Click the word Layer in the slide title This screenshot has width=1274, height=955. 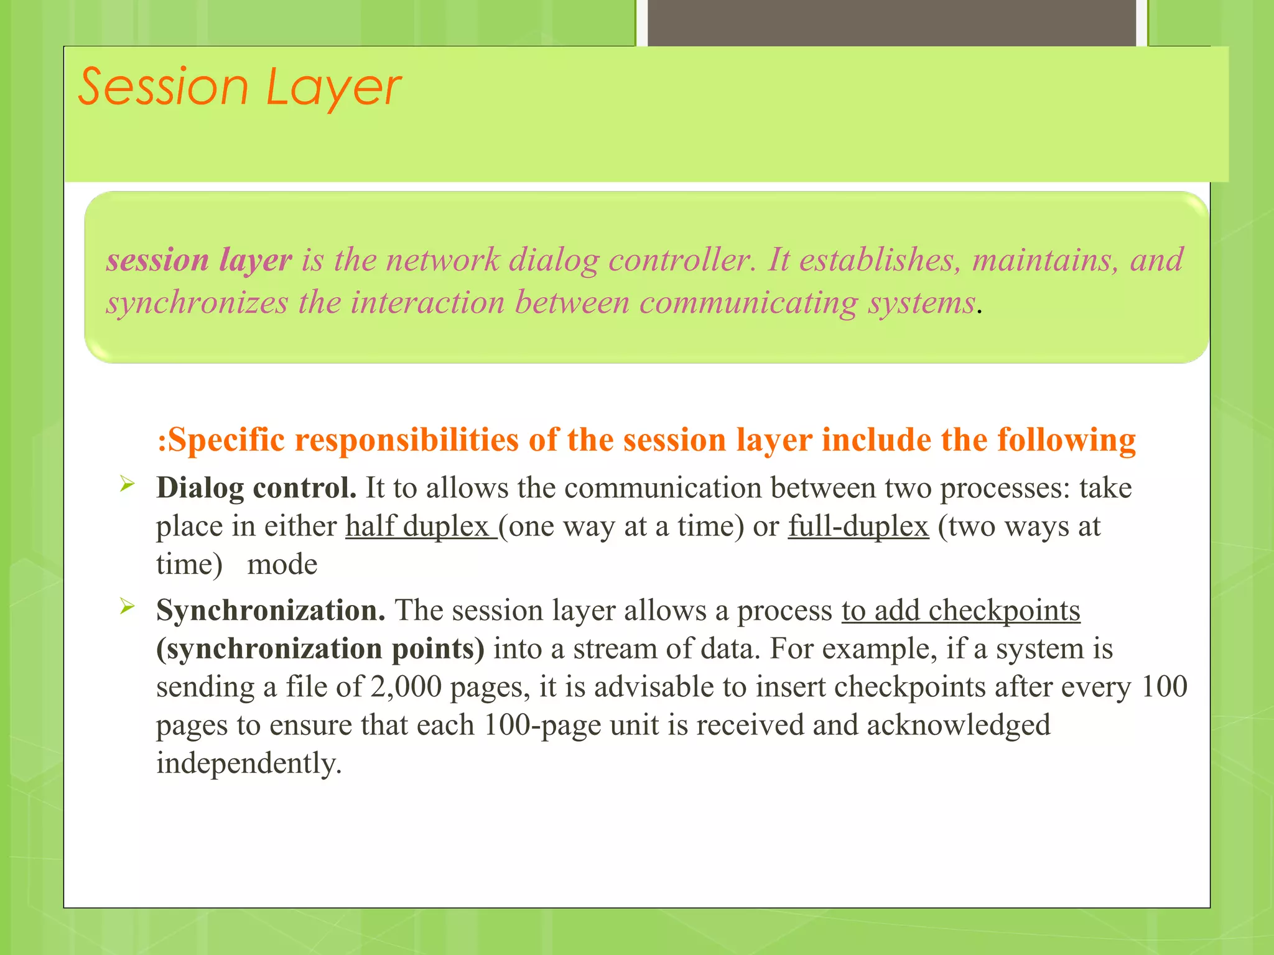(x=333, y=88)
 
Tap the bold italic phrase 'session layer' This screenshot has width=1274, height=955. (x=199, y=259)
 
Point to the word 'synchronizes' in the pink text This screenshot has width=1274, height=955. (x=197, y=303)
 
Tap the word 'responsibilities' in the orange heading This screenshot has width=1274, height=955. (x=407, y=440)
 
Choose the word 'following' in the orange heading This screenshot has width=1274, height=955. (x=1066, y=440)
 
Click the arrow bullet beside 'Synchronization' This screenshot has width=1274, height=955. (x=127, y=606)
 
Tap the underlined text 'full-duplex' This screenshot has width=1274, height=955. (x=858, y=527)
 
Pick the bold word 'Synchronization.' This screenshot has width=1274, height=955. (x=271, y=611)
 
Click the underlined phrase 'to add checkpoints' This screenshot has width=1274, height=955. (x=961, y=611)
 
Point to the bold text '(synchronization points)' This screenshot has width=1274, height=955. (x=320, y=648)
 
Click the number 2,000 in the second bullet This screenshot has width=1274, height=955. (x=406, y=687)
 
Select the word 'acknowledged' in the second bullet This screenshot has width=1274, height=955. (x=959, y=725)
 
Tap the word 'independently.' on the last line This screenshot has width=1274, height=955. (x=249, y=764)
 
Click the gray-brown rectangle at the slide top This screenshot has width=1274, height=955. (x=891, y=22)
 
